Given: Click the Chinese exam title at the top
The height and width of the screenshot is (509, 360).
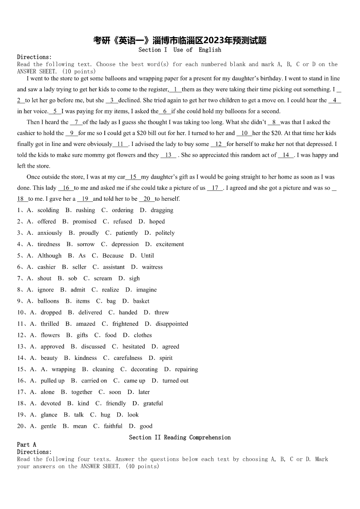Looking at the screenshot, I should pyautogui.click(x=180, y=40).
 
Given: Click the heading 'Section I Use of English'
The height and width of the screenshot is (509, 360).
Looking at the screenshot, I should pyautogui.click(x=180, y=50).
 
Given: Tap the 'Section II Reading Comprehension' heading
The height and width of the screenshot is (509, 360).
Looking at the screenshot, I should pyautogui.click(x=180, y=437).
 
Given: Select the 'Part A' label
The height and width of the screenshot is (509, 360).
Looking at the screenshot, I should pyautogui.click(x=26, y=445).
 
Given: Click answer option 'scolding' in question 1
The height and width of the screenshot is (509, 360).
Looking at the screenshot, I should pyautogui.click(x=48, y=210).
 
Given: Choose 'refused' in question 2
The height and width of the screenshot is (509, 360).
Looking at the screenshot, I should pyautogui.click(x=122, y=222).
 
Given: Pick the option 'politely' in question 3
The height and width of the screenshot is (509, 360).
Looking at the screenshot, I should pyautogui.click(x=165, y=233).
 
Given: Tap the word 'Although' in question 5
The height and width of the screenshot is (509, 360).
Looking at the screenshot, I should pyautogui.click(x=49, y=256).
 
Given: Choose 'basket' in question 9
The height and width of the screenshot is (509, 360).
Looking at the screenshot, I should pyautogui.click(x=141, y=301).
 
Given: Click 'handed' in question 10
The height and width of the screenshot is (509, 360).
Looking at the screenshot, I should pyautogui.click(x=128, y=312).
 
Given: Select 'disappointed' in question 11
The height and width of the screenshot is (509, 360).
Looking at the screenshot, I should pyautogui.click(x=171, y=324).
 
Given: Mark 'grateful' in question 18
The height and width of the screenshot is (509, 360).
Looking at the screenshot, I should pyautogui.click(x=153, y=403).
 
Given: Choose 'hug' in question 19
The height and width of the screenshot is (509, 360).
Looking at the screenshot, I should pyautogui.click(x=105, y=415).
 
